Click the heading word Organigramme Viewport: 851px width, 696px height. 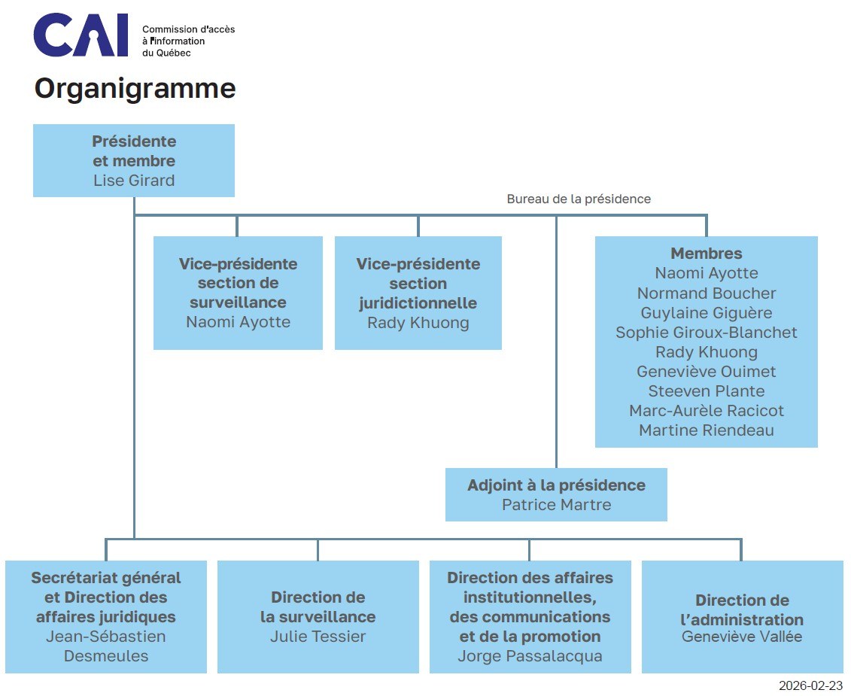tap(135, 89)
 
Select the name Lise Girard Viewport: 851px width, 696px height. tap(134, 181)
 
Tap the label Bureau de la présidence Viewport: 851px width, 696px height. tap(579, 199)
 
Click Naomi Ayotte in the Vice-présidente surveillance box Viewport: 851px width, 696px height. tap(238, 322)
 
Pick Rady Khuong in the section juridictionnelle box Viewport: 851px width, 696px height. tap(418, 323)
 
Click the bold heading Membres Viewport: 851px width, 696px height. tap(706, 254)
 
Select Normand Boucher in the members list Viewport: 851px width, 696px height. tap(706, 293)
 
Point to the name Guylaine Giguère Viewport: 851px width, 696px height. tap(706, 313)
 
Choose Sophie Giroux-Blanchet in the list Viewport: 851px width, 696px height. tap(706, 333)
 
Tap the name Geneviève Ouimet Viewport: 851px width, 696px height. tap(706, 372)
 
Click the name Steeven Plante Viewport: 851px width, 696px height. tap(706, 391)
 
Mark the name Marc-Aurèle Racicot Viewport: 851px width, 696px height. tap(706, 411)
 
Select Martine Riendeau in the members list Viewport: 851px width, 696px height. tap(706, 430)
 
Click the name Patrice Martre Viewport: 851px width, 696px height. tap(556, 505)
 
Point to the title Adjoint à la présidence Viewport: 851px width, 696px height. tap(556, 485)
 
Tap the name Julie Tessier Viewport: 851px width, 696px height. tap(318, 637)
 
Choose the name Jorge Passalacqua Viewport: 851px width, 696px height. tap(530, 656)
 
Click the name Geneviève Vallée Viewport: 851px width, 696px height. tap(741, 637)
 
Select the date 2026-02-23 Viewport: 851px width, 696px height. tap(810, 685)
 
